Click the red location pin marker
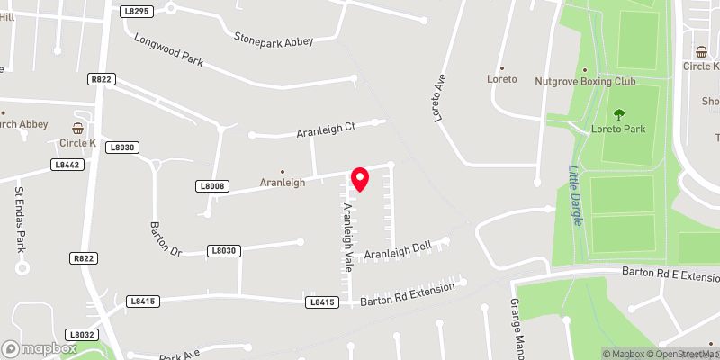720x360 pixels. coord(359,179)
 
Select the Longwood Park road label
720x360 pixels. coord(169,51)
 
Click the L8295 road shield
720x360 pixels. coord(136,10)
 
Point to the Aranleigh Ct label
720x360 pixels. coord(327,131)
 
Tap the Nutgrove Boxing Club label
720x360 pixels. coord(585,81)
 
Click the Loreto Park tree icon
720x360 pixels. coord(619,114)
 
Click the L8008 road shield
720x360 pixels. coord(212,186)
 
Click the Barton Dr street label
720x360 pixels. coord(166,238)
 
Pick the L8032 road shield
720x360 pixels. coord(82,334)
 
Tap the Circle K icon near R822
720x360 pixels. coord(78,128)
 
